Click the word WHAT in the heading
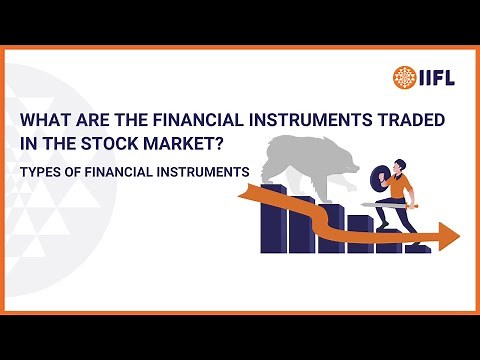pyautogui.click(x=46, y=120)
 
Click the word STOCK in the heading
pyautogui.click(x=116, y=144)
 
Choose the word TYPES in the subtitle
pyautogui.click(x=40, y=172)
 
